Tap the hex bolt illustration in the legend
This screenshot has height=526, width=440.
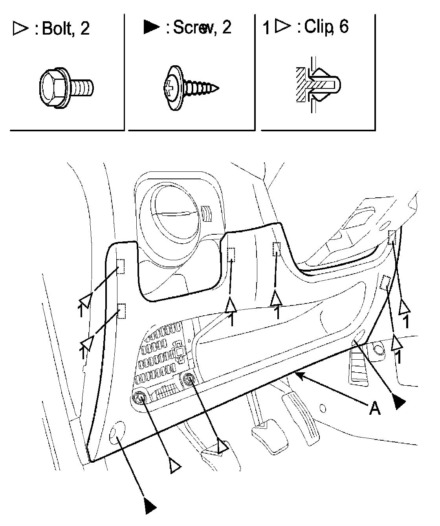(x=66, y=86)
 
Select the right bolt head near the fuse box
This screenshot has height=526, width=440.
(x=189, y=379)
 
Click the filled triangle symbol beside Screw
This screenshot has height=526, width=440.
(x=151, y=27)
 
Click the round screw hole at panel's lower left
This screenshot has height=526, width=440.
(x=116, y=432)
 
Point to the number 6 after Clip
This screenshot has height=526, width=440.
(x=343, y=27)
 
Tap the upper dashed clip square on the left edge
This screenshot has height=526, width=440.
(x=121, y=266)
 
